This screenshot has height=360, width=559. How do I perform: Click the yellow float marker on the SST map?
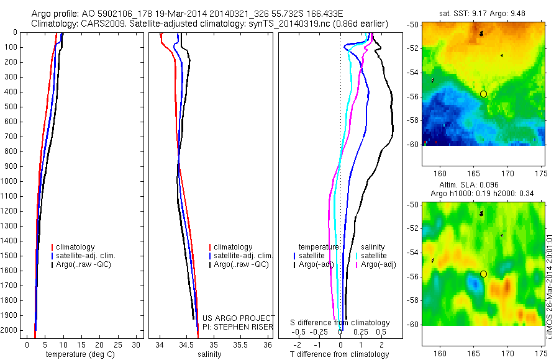(483, 94)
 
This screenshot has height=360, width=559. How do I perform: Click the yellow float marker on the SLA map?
(483, 274)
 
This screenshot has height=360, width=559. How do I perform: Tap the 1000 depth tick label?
(12, 181)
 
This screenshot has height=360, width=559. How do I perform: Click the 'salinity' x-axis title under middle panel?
(209, 354)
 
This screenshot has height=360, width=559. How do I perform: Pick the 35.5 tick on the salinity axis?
(240, 344)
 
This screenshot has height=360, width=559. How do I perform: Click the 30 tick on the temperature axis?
(135, 344)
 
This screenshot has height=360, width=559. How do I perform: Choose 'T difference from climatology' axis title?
(339, 354)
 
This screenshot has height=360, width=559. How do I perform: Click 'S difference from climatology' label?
(340, 323)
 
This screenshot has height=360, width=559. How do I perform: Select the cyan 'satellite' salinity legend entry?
(375, 256)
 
